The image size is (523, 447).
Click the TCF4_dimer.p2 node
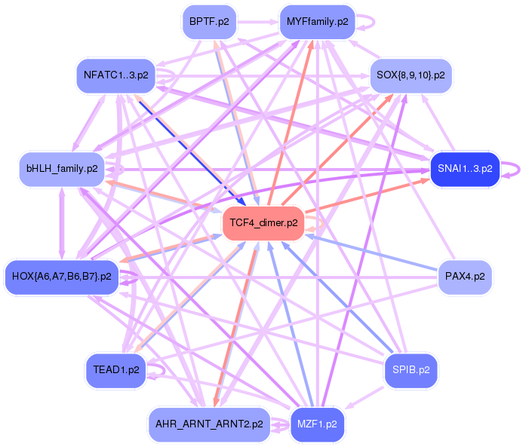tap(263, 223)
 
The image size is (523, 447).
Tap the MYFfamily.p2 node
tap(317, 22)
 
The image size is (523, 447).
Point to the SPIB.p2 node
tap(411, 370)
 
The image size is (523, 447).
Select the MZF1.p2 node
tap(317, 423)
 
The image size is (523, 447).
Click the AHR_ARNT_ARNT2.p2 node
tap(210, 423)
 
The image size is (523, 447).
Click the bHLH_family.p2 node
tap(61, 169)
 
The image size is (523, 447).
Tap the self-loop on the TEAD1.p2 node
tap(160, 370)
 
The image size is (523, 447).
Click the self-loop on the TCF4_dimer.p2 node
tap(320, 223)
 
